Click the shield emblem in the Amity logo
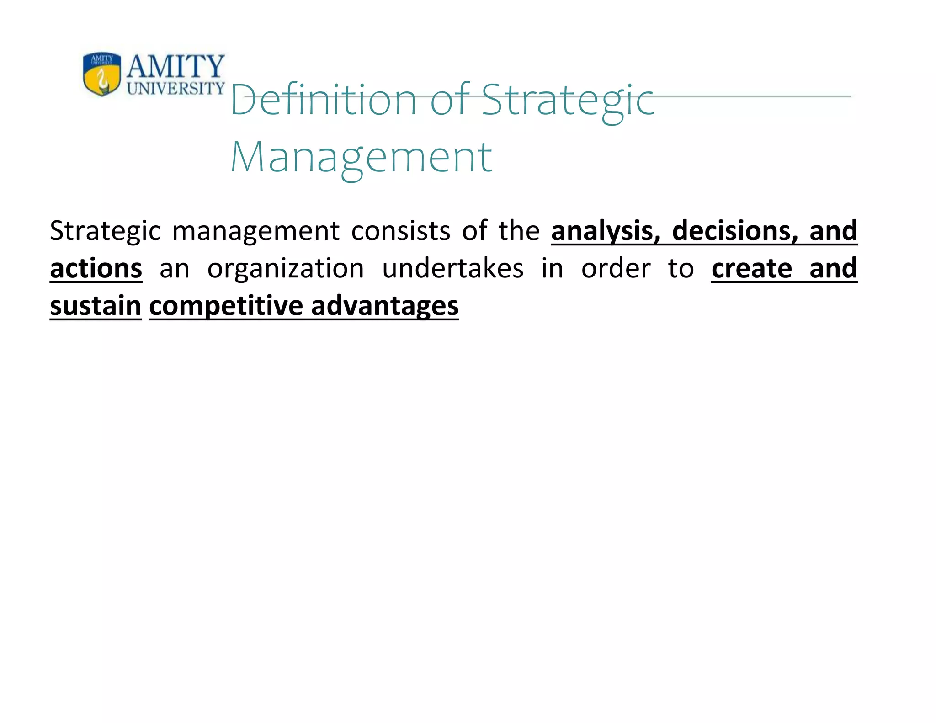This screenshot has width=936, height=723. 102,74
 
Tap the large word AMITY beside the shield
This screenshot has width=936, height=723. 175,66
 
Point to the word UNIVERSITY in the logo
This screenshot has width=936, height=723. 176,88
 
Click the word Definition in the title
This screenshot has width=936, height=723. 324,100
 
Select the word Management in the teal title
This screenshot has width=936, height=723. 362,157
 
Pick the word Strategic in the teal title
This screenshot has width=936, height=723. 568,100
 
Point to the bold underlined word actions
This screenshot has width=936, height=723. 96,268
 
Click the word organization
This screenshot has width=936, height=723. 286,268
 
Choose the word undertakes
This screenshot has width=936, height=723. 452,268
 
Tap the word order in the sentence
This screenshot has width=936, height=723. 616,268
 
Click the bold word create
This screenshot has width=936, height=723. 752,268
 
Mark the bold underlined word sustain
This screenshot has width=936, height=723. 96,306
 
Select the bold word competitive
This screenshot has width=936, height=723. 226,306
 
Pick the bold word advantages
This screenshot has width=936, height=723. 385,306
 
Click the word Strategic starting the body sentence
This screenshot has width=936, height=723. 105,230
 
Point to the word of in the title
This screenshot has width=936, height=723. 450,100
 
